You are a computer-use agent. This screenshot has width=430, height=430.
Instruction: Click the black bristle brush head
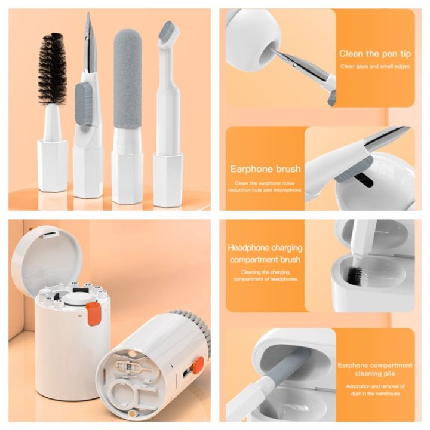coord(53,70)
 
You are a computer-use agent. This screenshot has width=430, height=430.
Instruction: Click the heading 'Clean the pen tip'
coord(375,53)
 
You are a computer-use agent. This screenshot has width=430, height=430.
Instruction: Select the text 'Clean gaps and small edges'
coord(375,66)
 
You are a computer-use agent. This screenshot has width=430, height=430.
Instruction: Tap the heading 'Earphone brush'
coord(266,169)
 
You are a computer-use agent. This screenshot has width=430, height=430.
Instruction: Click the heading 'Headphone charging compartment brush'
coord(265,254)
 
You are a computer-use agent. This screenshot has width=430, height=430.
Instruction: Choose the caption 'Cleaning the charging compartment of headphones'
coord(265,275)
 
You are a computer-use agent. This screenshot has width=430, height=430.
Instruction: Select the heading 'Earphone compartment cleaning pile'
coord(375,370)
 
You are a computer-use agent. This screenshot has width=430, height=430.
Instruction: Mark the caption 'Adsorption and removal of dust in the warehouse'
coord(375,389)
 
